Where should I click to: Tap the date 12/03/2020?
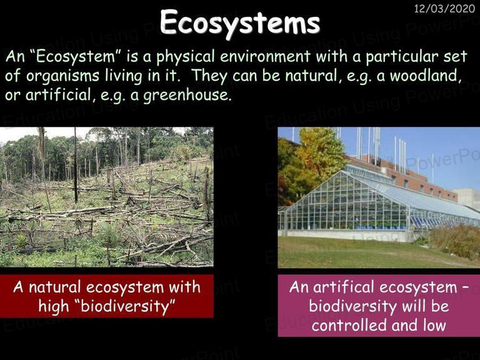tap(444, 9)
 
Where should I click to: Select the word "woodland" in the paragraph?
tap(426, 76)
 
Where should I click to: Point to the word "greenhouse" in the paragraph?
tap(187, 96)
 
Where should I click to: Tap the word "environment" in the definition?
tap(265, 57)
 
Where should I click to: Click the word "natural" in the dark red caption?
tap(55, 287)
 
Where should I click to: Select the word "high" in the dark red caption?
tap(54, 307)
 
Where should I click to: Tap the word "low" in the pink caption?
tap(434, 325)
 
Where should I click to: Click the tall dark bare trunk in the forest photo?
tap(76, 165)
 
